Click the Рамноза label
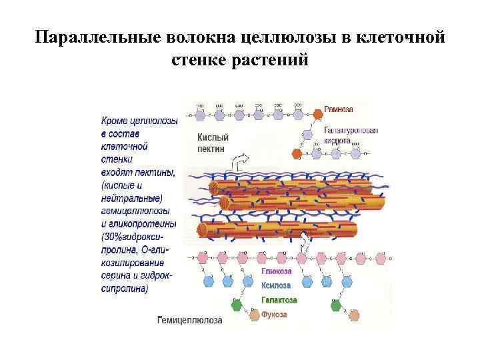click(339, 109)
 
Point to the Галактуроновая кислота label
click(351, 135)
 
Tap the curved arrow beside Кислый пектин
click(238, 162)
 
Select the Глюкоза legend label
click(276, 271)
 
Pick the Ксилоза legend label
click(276, 285)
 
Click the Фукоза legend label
click(274, 314)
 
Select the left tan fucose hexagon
click(253, 315)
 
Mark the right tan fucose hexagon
click(353, 315)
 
